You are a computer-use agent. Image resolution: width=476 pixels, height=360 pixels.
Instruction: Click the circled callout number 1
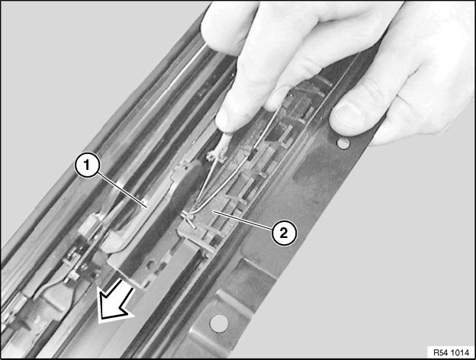[x=87, y=166]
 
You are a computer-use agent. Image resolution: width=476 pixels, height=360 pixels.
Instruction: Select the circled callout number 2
[x=284, y=233]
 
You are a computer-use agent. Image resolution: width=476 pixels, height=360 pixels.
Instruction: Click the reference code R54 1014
[x=451, y=352]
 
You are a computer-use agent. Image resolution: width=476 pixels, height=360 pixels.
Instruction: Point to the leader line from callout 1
[x=122, y=190]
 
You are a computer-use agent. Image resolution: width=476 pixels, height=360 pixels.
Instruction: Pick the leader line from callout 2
[x=243, y=220]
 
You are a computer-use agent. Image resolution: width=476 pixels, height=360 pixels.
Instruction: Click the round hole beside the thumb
[x=343, y=143]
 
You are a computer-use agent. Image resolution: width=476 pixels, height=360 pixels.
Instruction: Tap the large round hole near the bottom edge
[x=219, y=323]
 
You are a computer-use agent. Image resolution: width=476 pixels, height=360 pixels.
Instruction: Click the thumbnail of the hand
[x=346, y=117]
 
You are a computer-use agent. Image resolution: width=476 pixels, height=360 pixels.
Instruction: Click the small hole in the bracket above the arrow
[x=150, y=265]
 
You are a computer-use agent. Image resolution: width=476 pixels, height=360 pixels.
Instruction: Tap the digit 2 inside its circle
[x=284, y=233]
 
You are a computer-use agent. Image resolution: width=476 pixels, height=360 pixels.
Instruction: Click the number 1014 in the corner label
[x=460, y=352]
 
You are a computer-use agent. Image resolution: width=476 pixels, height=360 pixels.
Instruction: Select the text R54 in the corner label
[x=440, y=352]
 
